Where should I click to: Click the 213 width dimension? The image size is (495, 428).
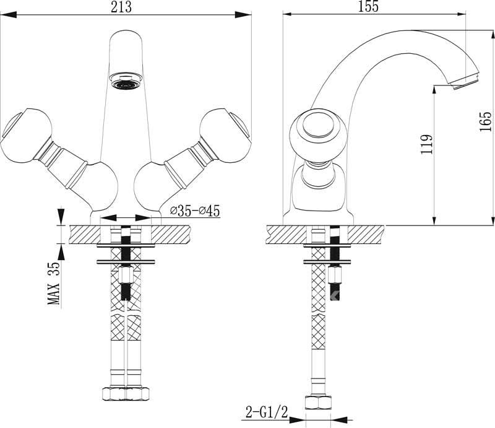point(121,7)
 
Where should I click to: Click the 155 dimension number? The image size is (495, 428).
point(368,6)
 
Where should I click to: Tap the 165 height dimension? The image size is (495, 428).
point(486,121)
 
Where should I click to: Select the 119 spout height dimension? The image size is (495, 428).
point(426,144)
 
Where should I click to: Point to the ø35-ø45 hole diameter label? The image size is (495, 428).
point(195,211)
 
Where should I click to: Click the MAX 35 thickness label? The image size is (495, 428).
point(54,283)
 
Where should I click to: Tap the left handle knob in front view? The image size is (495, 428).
point(26,136)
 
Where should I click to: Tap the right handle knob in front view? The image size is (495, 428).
point(225,136)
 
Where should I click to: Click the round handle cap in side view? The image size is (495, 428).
point(318,124)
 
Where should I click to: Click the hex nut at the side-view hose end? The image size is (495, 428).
point(318,403)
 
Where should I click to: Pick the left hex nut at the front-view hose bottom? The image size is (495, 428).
point(114,394)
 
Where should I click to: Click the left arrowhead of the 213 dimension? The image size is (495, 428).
point(9,14)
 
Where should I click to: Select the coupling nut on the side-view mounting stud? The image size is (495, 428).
point(334,274)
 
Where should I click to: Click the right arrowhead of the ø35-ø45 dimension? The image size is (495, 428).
point(143,217)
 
